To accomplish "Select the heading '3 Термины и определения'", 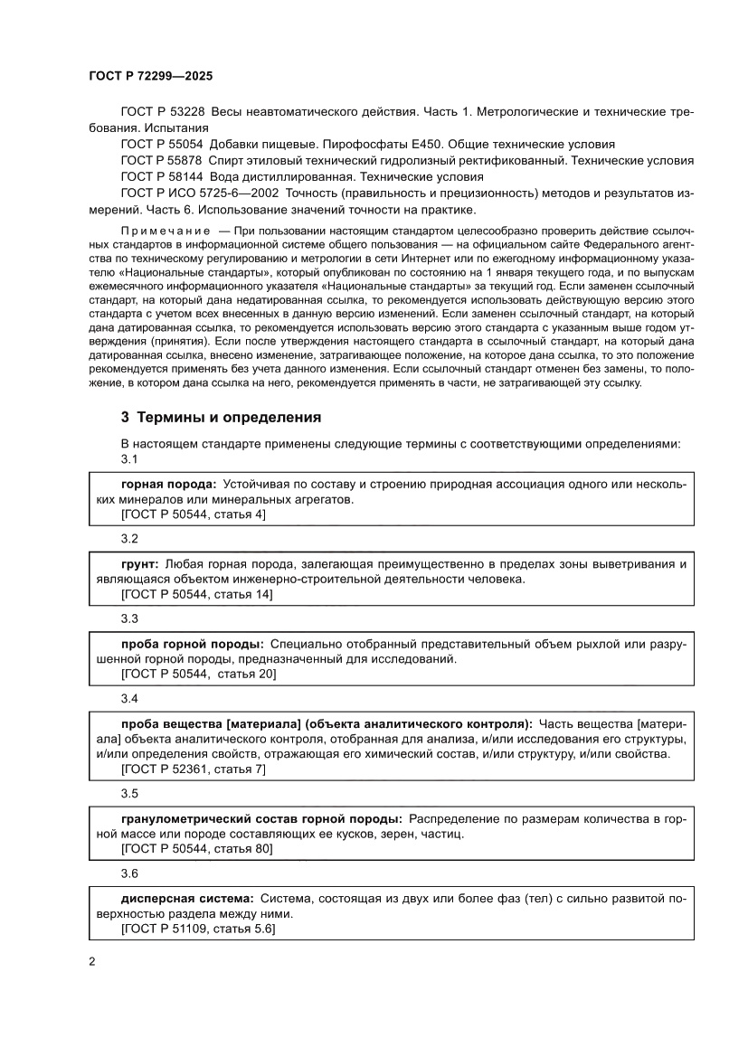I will (222, 418).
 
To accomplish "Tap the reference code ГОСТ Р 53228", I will (164, 111).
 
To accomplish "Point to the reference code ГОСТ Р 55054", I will (164, 144).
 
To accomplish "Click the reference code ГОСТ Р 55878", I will (164, 160).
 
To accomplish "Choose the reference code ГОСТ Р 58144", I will (164, 176).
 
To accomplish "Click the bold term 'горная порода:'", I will (168, 484).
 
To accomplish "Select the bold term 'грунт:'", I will (140, 563).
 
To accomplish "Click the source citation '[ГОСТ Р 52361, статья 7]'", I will (193, 769).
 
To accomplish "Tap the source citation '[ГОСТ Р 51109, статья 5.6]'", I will (198, 930).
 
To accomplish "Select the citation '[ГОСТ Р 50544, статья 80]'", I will (196, 850).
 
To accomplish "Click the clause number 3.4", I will (129, 699).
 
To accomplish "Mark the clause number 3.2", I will (129, 539).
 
